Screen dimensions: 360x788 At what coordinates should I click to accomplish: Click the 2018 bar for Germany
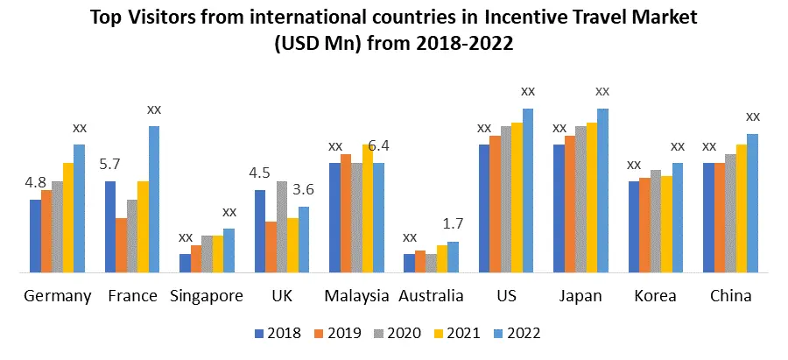click(x=35, y=236)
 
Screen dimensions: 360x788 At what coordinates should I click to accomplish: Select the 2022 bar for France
click(x=154, y=200)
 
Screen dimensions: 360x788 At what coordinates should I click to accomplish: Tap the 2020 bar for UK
click(x=282, y=228)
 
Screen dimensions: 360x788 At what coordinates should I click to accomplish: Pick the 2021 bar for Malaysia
click(x=368, y=208)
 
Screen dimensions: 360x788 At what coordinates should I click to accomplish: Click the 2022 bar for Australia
click(x=453, y=258)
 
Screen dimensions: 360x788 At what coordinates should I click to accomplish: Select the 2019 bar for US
click(x=495, y=204)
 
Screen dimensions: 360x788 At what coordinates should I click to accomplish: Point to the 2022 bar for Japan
click(x=602, y=191)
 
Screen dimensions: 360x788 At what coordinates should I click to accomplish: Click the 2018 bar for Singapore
click(x=185, y=264)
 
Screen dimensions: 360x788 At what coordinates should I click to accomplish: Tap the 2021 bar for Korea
click(x=666, y=224)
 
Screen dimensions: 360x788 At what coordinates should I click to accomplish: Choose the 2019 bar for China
click(x=719, y=218)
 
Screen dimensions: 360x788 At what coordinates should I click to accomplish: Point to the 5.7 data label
click(x=111, y=164)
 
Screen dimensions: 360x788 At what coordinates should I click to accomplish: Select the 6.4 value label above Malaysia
click(x=378, y=146)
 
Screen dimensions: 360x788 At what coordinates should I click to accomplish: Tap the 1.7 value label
click(x=453, y=224)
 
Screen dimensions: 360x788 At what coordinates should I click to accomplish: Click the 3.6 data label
click(x=303, y=189)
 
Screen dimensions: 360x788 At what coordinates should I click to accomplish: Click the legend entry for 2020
click(x=399, y=333)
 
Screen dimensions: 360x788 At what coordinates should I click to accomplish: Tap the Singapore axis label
click(x=207, y=296)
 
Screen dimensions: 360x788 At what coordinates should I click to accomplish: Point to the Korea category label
click(x=655, y=296)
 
